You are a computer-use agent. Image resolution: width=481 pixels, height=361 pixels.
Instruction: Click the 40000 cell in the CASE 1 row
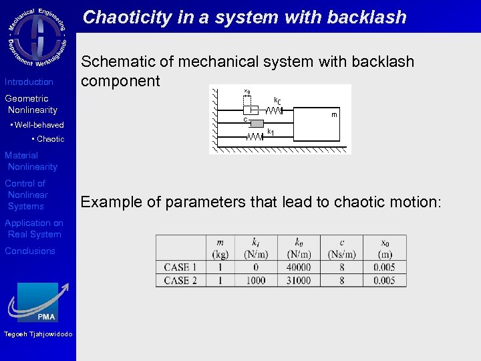coord(299,267)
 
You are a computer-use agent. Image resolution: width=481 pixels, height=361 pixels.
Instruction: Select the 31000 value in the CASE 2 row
coord(299,281)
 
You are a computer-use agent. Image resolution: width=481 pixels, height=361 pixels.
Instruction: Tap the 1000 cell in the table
coord(256,281)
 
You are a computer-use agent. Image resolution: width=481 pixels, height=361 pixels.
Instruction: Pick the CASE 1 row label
coord(180,267)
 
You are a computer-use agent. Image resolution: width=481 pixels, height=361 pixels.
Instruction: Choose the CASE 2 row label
coord(180,281)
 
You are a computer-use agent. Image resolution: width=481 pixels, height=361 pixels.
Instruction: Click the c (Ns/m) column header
coord(342,248)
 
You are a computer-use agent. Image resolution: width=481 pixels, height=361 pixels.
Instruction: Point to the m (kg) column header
coord(220,248)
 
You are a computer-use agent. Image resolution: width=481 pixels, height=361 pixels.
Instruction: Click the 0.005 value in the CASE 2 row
coord(385,281)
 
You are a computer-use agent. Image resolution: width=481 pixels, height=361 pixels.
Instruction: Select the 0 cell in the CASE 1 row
coord(256,267)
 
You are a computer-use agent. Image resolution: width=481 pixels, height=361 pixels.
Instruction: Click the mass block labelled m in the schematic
coord(321,120)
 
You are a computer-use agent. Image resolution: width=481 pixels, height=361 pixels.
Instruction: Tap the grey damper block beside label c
coord(257,123)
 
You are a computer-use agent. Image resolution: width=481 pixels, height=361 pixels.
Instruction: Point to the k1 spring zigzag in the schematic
coord(255,136)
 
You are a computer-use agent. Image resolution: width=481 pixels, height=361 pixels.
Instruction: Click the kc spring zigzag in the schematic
coord(274,110)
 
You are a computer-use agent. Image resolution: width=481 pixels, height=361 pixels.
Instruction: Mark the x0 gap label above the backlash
coord(247,92)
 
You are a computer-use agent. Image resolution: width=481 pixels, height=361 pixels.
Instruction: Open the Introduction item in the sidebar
coord(29,82)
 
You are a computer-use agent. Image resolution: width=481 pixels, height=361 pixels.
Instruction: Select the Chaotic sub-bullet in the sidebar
coord(50,139)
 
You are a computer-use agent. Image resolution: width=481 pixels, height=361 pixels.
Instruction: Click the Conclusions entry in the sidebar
coord(30,251)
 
